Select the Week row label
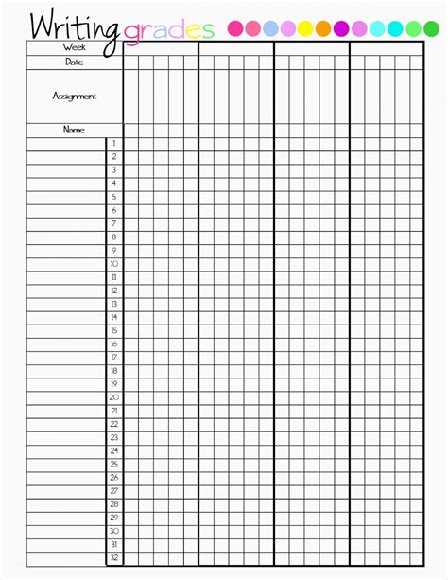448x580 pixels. pos(74,46)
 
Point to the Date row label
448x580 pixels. pos(74,62)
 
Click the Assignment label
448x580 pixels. pos(74,96)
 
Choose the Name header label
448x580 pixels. pos(74,130)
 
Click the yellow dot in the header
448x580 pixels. pos(305,29)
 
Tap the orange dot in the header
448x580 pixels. pos(323,29)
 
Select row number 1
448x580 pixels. pos(114,144)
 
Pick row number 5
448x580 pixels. pos(114,197)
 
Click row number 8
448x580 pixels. pos(114,237)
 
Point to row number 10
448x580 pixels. pos(114,264)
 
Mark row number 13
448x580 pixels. pos(114,304)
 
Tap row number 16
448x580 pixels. pos(114,344)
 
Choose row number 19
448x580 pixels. pos(114,384)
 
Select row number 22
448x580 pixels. pos(114,424)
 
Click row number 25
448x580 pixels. pos(114,465)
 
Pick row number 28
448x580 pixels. pos(114,504)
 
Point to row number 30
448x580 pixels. pos(114,531)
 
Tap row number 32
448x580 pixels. pos(114,558)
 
